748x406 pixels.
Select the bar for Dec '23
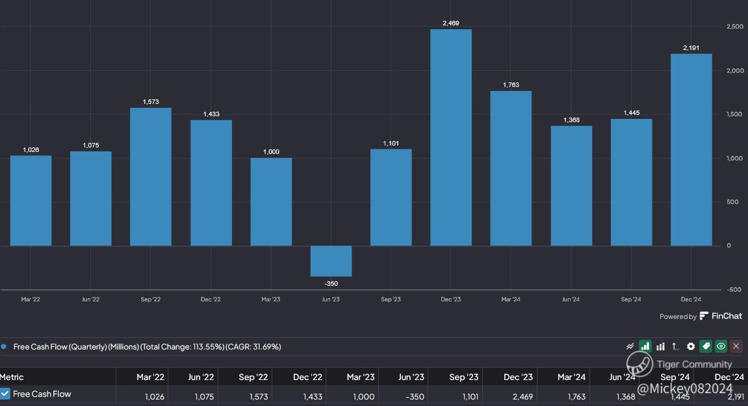pos(451,138)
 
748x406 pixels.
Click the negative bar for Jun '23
pos(331,261)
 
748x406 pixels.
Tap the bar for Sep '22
pos(151,177)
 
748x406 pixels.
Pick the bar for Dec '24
pos(691,149)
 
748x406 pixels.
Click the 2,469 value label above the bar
pos(451,23)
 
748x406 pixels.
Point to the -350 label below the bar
pos(331,284)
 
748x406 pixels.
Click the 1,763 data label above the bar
pos(511,85)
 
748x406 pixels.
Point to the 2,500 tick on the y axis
pos(734,27)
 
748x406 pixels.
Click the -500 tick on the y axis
pos(734,290)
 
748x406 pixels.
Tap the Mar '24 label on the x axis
pos(511,299)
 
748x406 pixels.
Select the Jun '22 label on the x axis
pos(91,299)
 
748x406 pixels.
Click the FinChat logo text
pos(726,316)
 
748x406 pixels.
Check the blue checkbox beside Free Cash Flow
pos(5,394)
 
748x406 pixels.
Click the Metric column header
pos(12,377)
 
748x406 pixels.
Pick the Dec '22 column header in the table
pos(307,377)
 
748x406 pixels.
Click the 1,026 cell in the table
pos(155,396)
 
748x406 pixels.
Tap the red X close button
pos(736,347)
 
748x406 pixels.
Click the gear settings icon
pos(691,347)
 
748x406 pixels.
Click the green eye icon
pos(721,347)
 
